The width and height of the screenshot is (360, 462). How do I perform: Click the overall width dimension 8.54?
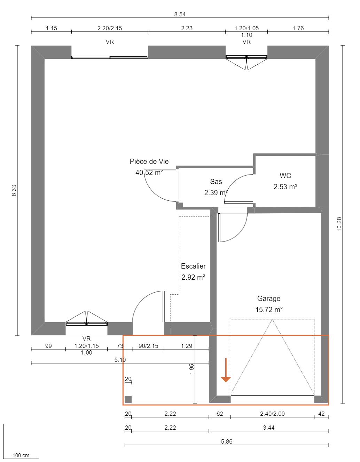180,14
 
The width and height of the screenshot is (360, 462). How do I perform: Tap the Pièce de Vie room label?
149,161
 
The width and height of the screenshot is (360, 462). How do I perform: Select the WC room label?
285,176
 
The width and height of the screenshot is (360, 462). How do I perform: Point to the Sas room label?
216,182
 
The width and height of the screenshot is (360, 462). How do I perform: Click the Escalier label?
193,266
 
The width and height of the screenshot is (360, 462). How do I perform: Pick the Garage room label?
268,298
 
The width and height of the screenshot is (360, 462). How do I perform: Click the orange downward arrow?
226,371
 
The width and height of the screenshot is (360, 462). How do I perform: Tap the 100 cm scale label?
21,455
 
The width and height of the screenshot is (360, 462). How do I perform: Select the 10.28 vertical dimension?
339,224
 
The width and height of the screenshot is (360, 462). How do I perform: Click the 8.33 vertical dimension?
14,190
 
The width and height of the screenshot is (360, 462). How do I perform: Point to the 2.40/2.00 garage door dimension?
272,414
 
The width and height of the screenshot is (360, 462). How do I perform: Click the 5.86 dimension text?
227,441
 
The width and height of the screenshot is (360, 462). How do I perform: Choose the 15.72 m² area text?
269,310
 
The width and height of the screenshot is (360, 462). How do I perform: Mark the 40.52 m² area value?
149,173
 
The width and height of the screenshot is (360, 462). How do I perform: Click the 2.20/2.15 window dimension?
110,28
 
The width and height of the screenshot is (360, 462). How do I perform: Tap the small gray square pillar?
128,400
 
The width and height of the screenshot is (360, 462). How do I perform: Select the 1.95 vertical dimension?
191,369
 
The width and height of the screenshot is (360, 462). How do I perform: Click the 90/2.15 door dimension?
148,346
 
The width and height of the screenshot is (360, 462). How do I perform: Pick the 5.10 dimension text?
120,360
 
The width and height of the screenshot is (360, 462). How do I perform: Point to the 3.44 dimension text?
269,428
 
